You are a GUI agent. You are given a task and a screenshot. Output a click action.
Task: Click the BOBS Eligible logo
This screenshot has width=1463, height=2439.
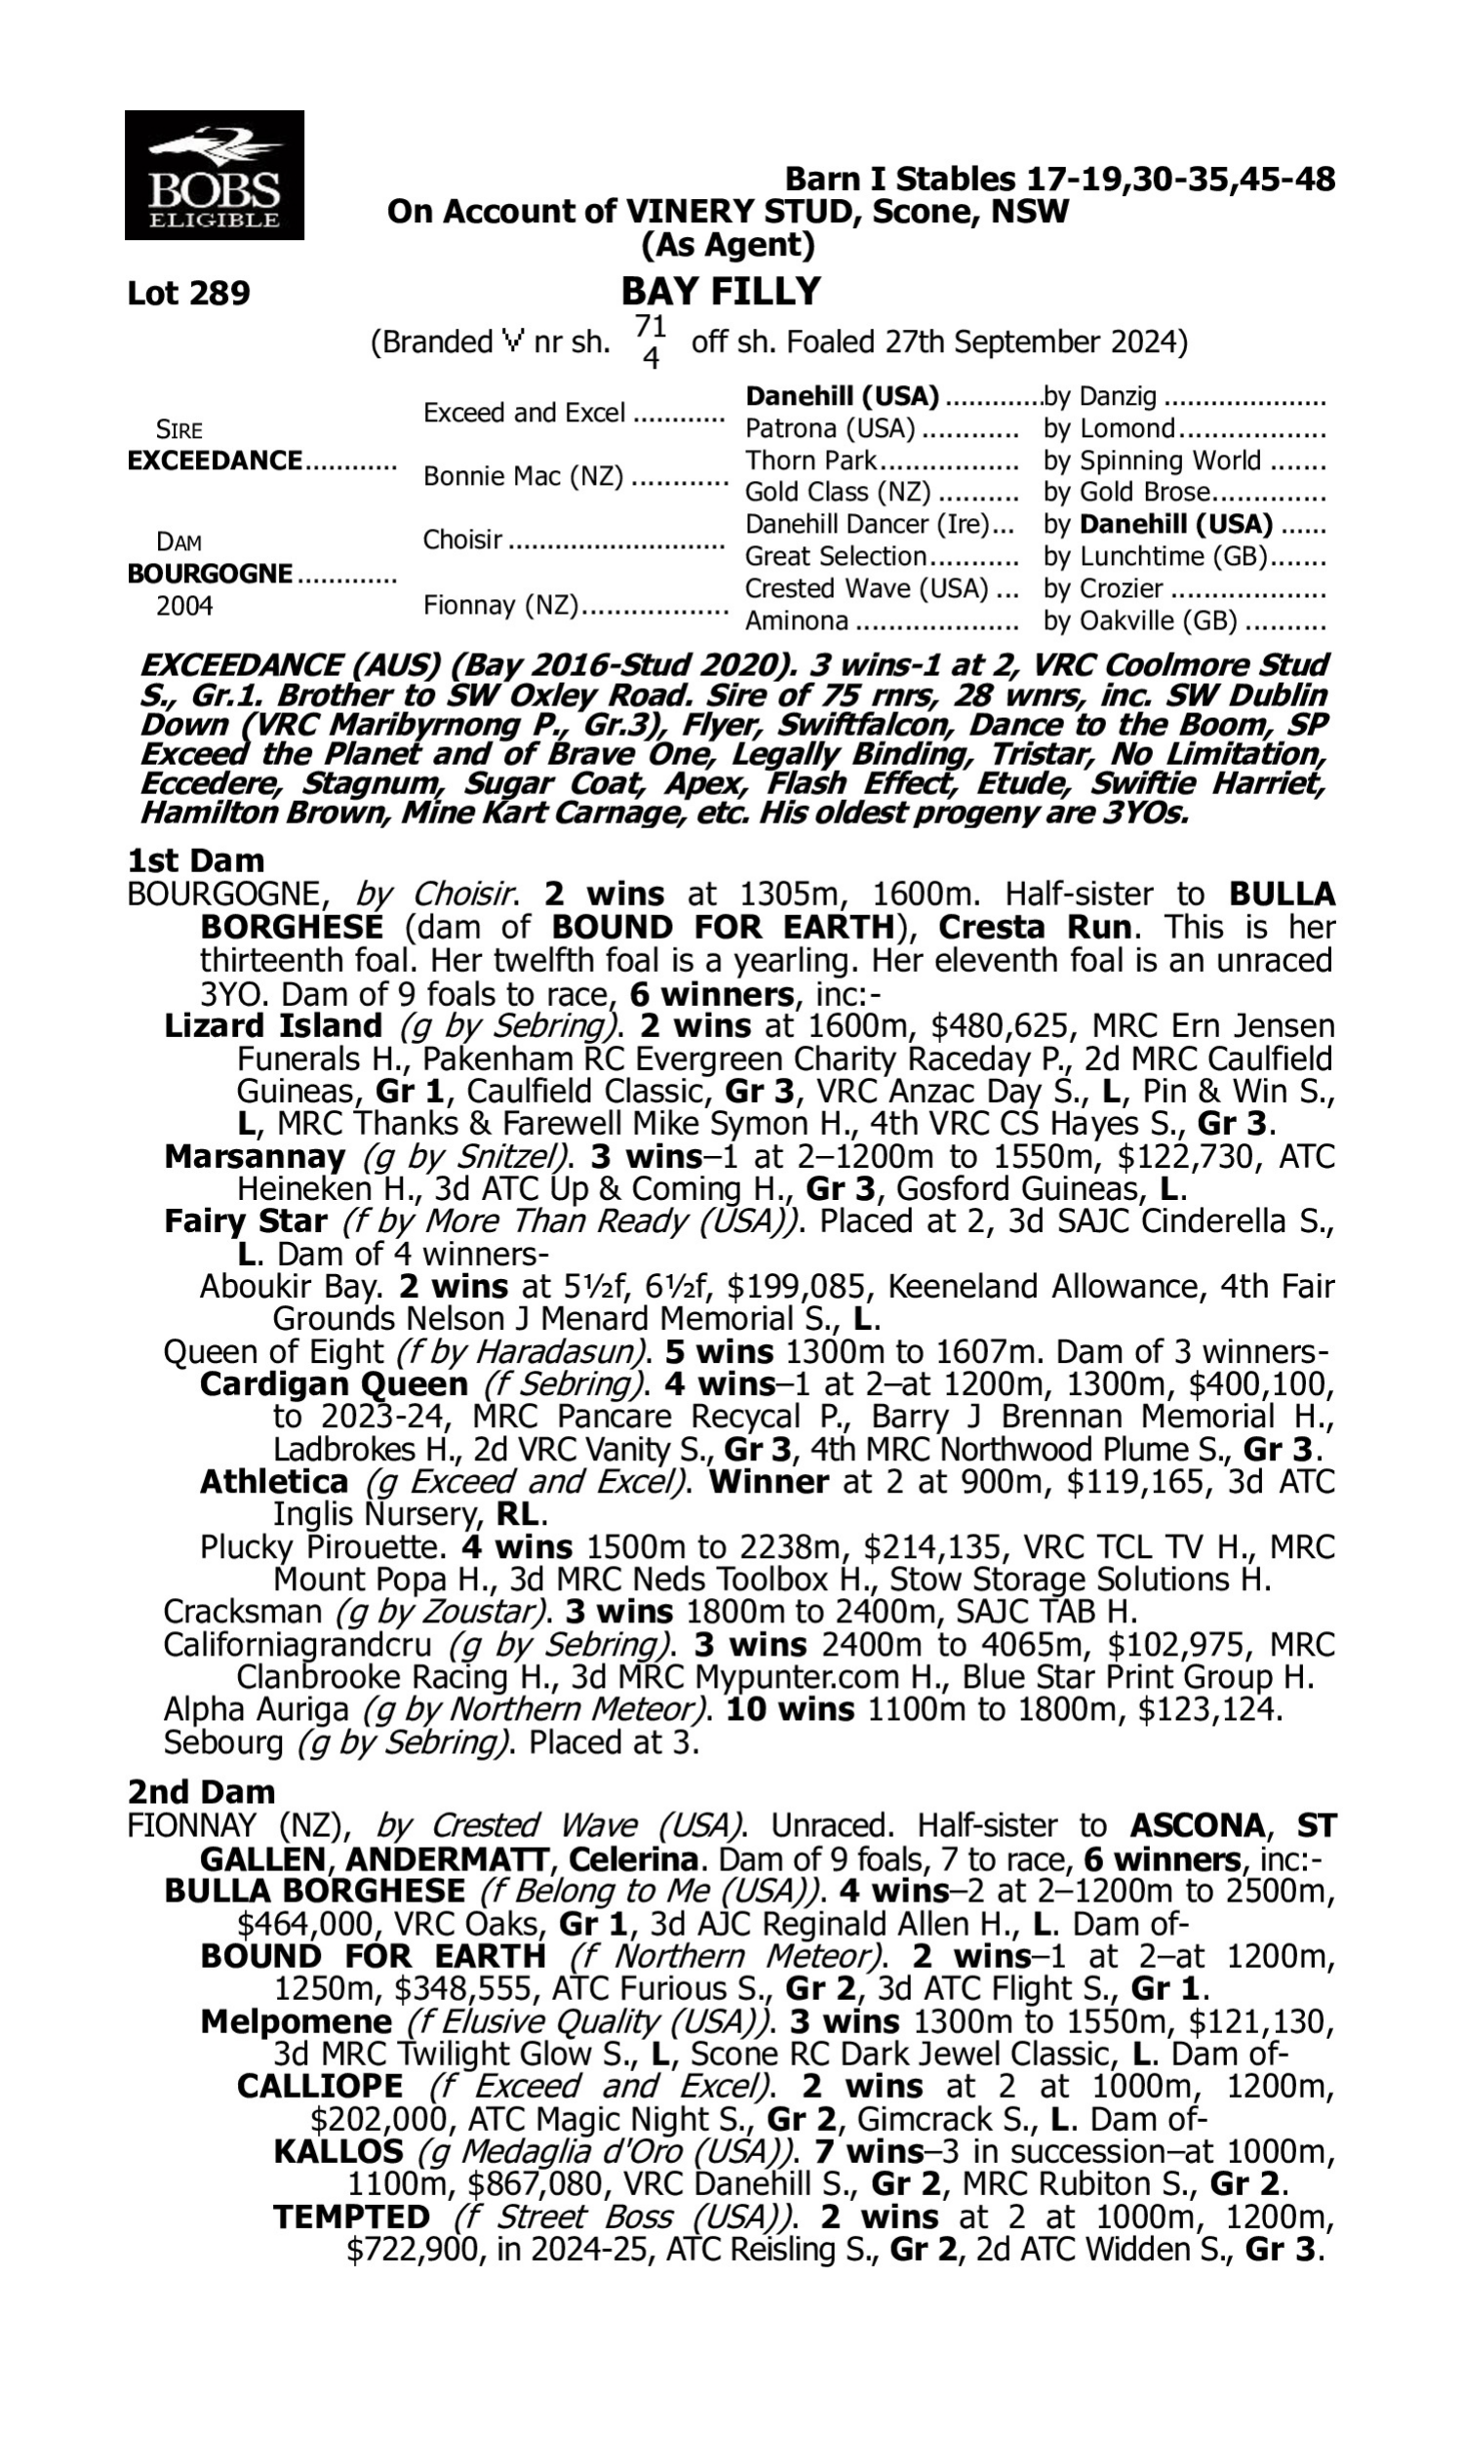pos(214,175)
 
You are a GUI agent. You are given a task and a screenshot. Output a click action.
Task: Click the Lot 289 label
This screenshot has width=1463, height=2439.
pos(188,293)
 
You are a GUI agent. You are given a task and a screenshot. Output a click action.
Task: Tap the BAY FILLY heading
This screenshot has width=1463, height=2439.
pos(721,292)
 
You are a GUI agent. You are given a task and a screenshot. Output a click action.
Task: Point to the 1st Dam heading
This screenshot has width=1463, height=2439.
pos(196,860)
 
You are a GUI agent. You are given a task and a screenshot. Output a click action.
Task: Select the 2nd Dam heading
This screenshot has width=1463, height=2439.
pos(201,1791)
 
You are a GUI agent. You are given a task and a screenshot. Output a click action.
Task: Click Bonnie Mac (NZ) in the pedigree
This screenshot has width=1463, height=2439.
pos(523,476)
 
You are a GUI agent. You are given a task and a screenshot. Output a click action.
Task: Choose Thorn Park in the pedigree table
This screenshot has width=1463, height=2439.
pos(811,460)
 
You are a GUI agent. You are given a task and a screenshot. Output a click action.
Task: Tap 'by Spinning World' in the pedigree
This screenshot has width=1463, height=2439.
pos(1152,460)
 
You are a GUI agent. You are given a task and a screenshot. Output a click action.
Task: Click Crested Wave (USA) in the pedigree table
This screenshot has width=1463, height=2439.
pos(865,588)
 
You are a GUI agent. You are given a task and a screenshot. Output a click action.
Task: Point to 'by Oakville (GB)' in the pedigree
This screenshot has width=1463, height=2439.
pos(1139,620)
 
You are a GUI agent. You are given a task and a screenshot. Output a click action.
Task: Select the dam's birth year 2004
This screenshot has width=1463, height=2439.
pos(184,605)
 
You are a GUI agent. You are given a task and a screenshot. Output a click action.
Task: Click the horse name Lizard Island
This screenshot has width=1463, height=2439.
pos(273,1025)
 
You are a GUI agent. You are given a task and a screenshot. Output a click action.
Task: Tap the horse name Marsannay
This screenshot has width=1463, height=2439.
pos(255,1155)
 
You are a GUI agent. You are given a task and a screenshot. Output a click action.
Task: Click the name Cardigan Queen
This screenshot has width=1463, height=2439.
pos(334,1383)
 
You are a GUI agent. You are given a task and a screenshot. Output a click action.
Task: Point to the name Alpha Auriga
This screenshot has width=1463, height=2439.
pos(256,1708)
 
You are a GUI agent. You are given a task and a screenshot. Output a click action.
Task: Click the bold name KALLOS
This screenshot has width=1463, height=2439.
pos(338,2151)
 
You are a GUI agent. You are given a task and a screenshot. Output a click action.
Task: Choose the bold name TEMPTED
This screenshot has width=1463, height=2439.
pos(351,2218)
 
